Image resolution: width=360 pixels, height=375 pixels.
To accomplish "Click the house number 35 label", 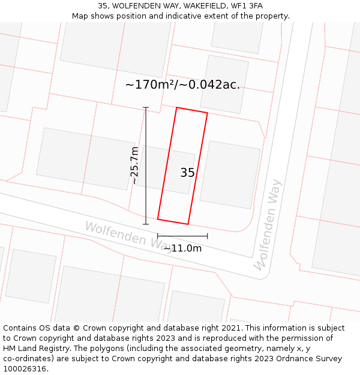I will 187,173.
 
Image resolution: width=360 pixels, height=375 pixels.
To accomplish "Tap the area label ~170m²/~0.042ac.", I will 182,85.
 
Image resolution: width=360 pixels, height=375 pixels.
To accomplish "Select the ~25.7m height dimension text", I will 135,165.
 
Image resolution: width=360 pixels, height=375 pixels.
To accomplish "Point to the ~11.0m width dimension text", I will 182,248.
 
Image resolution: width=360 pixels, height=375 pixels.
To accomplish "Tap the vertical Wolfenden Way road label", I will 267,225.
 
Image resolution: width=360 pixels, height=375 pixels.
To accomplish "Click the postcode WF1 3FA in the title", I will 249,6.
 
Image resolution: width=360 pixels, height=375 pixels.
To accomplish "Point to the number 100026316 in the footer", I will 24,369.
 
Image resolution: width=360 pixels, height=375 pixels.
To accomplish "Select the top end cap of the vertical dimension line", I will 145,108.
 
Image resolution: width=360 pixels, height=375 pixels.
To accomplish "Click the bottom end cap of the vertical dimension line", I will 145,224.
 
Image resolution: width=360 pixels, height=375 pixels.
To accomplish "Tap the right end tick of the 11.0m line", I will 208,236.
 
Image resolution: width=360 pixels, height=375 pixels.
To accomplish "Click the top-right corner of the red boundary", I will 208,113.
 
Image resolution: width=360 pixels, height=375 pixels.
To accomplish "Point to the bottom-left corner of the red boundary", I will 158,219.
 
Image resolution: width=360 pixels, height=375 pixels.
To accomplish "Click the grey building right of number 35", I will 230,175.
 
